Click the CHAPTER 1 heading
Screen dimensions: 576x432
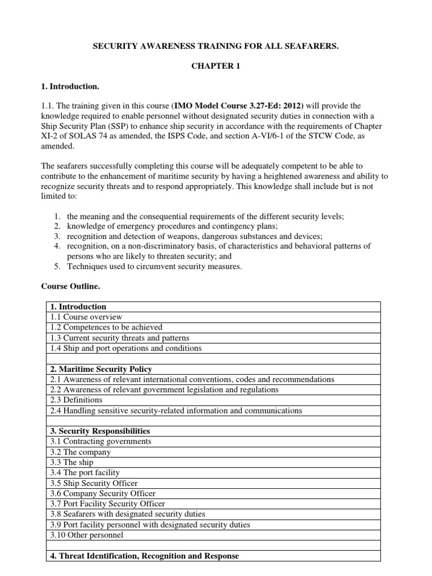215,66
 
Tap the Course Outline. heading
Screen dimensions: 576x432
70,286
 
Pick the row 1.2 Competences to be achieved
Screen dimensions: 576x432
106,327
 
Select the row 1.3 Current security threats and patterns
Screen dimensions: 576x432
120,337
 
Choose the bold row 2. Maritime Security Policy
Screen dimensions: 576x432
101,369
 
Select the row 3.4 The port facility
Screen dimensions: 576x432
85,472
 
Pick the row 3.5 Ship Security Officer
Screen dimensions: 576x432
94,483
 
